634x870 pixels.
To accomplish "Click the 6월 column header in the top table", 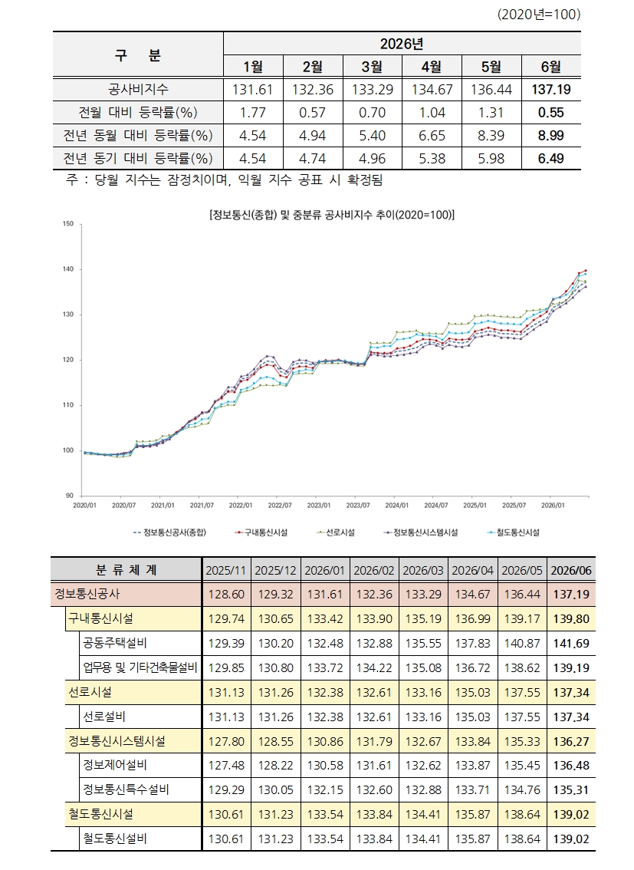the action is click(x=551, y=67).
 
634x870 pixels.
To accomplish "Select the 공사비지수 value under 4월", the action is click(x=432, y=89).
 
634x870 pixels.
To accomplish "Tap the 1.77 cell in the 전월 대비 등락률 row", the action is click(x=253, y=113).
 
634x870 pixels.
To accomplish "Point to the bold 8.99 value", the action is click(x=551, y=135).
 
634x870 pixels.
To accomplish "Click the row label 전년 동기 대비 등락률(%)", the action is click(x=138, y=159).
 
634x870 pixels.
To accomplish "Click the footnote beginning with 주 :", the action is click(x=225, y=180).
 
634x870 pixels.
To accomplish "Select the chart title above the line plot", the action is click(x=331, y=216).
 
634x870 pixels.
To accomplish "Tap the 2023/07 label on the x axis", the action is click(x=358, y=506).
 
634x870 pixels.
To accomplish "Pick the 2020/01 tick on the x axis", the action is click(x=85, y=506).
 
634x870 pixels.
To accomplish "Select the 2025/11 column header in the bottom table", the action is click(x=225, y=570).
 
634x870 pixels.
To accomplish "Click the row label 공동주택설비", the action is click(x=115, y=644).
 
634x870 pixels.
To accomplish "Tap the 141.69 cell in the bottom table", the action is click(x=571, y=644).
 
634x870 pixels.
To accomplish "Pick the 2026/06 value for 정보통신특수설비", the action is click(x=571, y=790).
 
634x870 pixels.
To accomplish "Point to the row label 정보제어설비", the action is click(x=115, y=766).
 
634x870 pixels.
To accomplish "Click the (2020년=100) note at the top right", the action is click(x=539, y=15).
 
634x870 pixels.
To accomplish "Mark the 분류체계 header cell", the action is click(x=126, y=570).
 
